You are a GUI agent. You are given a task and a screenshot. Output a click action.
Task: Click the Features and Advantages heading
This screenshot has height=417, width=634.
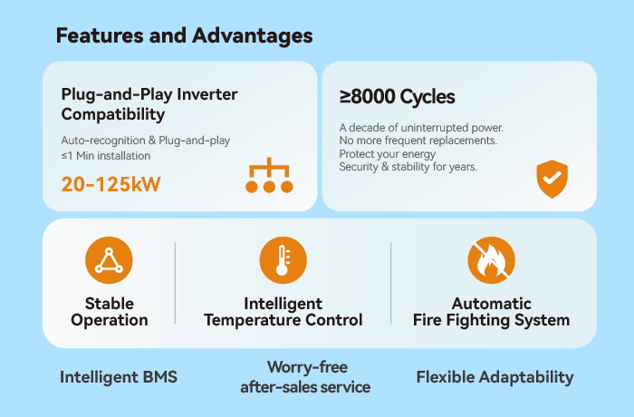click(184, 36)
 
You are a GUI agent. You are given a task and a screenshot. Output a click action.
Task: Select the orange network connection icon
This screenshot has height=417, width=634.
click(269, 177)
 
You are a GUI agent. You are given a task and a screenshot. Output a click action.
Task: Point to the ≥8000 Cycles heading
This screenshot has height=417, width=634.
click(397, 97)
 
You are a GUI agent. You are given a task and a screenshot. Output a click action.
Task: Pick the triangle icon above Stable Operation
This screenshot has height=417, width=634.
click(109, 261)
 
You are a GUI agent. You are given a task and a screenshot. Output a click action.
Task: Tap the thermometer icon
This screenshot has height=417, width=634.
click(283, 261)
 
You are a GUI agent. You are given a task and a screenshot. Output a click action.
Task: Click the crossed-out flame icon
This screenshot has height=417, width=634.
click(491, 261)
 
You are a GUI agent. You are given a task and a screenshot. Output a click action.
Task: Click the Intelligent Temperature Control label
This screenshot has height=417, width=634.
click(283, 312)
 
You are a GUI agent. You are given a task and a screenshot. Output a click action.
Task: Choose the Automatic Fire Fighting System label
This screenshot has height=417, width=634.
click(491, 312)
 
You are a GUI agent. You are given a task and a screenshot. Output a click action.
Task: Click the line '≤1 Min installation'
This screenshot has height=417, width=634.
click(105, 156)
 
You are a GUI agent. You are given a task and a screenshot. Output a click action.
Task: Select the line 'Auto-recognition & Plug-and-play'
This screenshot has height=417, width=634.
click(146, 141)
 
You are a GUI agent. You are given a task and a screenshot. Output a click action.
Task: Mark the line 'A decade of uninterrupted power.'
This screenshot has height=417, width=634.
click(420, 127)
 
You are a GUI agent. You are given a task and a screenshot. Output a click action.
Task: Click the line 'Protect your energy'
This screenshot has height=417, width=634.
click(386, 154)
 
